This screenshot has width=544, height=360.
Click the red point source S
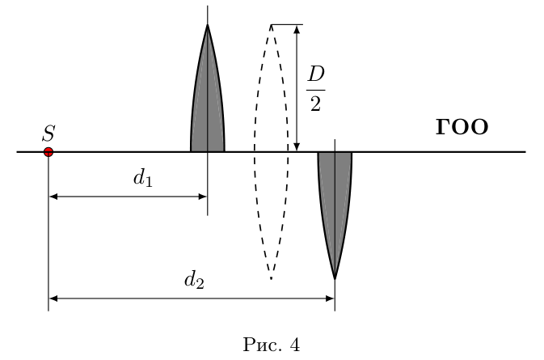[48, 152]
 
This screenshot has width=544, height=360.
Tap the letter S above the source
[48, 133]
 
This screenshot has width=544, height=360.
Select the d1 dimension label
[143, 179]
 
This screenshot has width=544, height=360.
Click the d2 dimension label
[194, 280]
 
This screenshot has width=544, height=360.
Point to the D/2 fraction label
[316, 89]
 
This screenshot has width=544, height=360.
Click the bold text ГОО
[462, 127]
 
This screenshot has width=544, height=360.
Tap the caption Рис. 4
[272, 345]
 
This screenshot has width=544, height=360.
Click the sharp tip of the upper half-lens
[208, 24]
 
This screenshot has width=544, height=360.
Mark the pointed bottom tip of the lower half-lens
[335, 279]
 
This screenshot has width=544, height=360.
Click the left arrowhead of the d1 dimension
[53, 197]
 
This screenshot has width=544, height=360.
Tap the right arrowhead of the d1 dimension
[202, 197]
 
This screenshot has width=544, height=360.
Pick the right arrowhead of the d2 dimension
[330, 299]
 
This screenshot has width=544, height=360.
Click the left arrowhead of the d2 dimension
[53, 299]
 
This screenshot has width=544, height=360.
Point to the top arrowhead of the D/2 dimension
[297, 29]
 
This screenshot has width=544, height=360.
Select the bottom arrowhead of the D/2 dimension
[297, 147]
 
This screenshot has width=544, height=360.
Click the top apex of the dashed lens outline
[272, 25]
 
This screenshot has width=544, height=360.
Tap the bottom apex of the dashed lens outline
[272, 278]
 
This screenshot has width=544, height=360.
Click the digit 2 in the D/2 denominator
[315, 104]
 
